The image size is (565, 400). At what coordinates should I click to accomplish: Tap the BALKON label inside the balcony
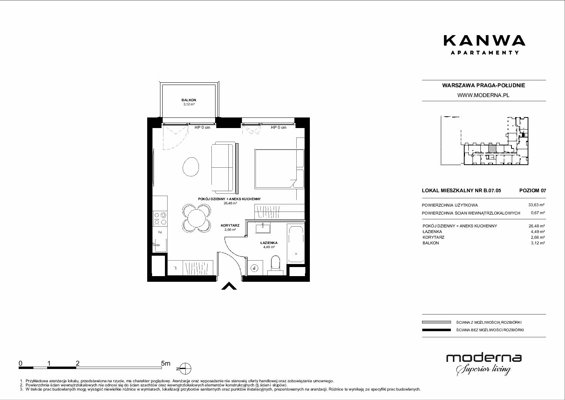click(x=189, y=100)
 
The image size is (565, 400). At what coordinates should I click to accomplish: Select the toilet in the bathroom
click(x=275, y=265)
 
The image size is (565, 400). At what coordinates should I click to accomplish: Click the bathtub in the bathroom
click(x=296, y=244)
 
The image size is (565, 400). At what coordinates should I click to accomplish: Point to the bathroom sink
click(x=263, y=229)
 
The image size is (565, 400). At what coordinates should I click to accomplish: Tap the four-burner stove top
click(x=160, y=219)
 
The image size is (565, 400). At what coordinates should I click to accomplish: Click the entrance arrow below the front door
click(x=229, y=286)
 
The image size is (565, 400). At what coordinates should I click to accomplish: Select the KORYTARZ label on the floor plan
click(x=230, y=225)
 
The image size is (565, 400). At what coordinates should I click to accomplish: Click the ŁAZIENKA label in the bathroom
click(x=269, y=243)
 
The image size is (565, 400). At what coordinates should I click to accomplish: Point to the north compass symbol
click(x=185, y=369)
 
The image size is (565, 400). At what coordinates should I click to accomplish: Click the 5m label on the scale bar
click(x=166, y=363)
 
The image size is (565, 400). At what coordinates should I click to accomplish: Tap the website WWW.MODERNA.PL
click(x=483, y=95)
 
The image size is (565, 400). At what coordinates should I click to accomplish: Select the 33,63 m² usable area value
click(x=536, y=205)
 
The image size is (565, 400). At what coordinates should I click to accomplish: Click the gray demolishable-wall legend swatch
click(x=436, y=322)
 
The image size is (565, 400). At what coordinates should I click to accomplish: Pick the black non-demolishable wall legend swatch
click(x=436, y=330)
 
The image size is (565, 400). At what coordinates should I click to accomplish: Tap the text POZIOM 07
click(x=533, y=190)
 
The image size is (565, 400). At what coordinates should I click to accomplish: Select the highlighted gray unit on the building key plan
click(x=492, y=148)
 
